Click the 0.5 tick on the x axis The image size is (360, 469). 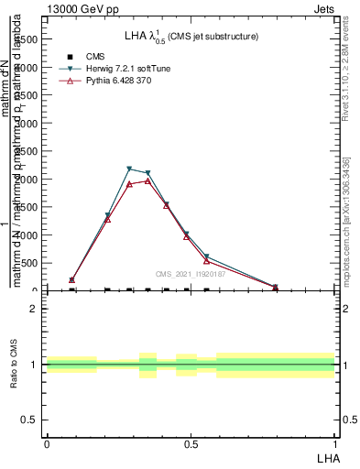pos(191,443)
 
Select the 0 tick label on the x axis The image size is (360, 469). pos(47,443)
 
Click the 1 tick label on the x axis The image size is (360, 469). pos(334,443)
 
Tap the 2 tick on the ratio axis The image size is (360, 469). pos(34,309)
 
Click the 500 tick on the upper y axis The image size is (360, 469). pos(30,263)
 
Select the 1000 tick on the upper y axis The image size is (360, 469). pos(27,235)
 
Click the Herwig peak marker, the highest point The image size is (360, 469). pos(129,169)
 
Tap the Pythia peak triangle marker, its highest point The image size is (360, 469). pos(147,180)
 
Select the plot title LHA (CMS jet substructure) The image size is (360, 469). pos(191,36)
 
